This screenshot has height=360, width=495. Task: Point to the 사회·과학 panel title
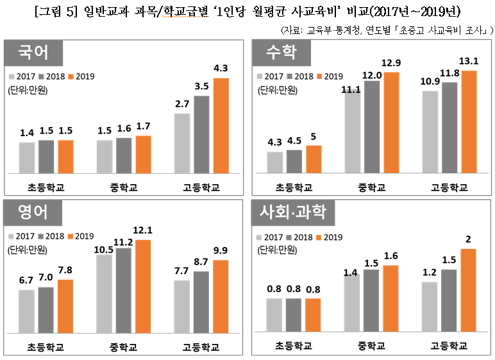coord(292,212)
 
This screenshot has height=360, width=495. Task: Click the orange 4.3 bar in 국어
coord(221,125)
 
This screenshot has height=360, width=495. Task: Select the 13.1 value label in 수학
coord(469,62)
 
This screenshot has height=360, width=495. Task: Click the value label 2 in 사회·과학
coord(469,240)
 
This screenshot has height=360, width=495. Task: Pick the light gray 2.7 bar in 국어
coord(182,143)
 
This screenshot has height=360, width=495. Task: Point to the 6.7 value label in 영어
coord(26,280)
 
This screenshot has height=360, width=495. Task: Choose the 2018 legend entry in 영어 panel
coord(52,236)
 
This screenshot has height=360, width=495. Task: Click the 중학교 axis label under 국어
coord(124,187)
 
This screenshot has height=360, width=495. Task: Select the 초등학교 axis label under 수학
coord(294,187)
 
